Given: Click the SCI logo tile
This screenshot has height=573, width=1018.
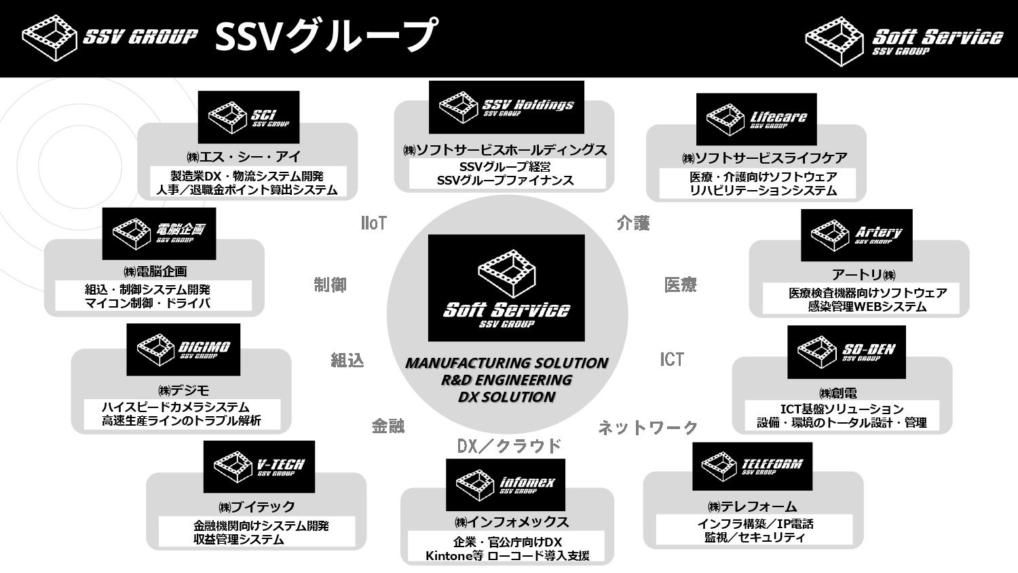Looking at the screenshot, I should pos(248,117).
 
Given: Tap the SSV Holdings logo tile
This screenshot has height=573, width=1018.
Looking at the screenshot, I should pos(506,107).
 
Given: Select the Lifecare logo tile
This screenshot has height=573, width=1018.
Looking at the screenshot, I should pos(756,119).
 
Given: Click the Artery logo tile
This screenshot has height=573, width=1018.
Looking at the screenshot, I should pos(856,235).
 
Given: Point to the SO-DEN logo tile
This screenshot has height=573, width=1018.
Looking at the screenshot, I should pos(846,352).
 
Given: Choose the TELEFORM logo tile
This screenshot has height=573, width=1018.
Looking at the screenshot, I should pos(752,466).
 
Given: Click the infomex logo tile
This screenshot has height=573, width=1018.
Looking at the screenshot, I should pos(505,485).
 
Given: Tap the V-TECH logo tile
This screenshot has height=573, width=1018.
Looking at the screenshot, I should pos(259,467).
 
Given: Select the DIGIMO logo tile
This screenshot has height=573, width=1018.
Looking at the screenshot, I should pos(183,350).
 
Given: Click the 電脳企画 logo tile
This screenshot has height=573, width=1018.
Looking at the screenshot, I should pos(159,233).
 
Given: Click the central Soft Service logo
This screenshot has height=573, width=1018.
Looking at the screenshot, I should pos(506,288).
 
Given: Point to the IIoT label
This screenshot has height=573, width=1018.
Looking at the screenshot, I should pos(374,223).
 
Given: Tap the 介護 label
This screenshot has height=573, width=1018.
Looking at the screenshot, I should pos(633,223).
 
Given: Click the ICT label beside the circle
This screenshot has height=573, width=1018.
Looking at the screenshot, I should pos(672,360).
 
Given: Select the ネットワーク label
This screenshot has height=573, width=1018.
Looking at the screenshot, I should pos(647,428).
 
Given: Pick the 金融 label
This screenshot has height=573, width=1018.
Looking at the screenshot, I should pos(388,426).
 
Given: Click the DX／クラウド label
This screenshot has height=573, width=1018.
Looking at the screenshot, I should pos(509,446).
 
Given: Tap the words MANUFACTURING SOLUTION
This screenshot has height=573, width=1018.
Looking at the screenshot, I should pos(506,363).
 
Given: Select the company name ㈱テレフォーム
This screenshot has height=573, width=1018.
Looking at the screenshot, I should pos(752,506).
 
